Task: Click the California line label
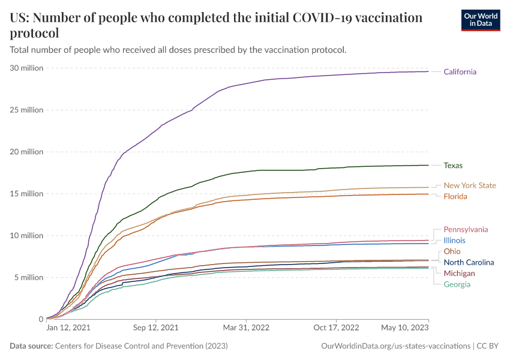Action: (x=460, y=72)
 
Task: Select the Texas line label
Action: (x=453, y=166)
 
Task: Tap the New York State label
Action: (x=470, y=185)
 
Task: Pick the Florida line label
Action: (x=455, y=197)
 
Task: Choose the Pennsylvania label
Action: (x=466, y=229)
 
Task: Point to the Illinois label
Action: (x=454, y=241)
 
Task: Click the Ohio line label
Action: (x=452, y=251)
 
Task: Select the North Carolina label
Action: (x=469, y=262)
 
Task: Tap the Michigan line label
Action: (x=459, y=274)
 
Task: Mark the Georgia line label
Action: (x=457, y=284)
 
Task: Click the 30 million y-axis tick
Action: (x=27, y=68)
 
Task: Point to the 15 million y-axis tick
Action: (x=27, y=194)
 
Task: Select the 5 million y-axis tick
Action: (x=29, y=277)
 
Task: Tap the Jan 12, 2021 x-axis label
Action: (x=68, y=328)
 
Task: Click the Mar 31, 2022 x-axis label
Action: (x=246, y=328)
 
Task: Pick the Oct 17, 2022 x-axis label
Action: (x=337, y=328)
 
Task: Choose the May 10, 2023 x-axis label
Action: (x=405, y=328)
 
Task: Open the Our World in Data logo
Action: (x=480, y=20)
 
